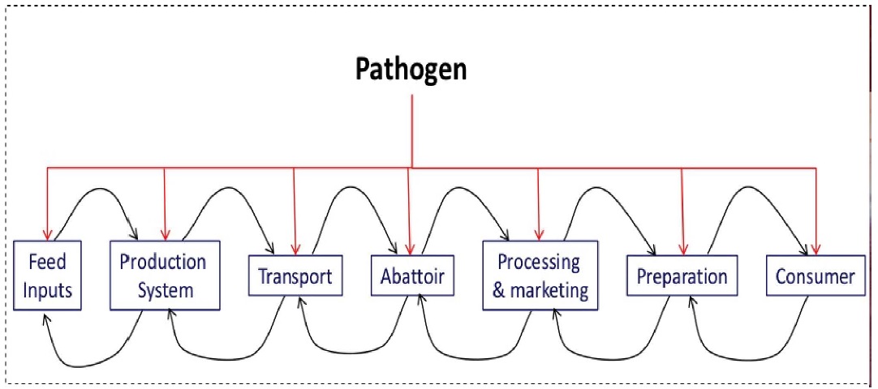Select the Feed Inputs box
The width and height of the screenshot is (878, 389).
(48, 275)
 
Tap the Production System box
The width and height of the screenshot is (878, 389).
(165, 275)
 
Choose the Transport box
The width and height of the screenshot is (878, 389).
(295, 276)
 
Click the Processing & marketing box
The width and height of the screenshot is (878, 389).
(540, 275)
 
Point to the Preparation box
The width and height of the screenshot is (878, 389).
(682, 276)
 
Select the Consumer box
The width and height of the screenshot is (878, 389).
(815, 276)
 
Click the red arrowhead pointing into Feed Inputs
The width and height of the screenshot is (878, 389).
(48, 235)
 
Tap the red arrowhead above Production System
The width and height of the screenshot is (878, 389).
(165, 235)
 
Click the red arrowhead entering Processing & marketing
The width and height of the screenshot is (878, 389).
(538, 235)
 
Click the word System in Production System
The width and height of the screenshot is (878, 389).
(166, 289)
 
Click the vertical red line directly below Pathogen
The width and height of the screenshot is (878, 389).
(412, 130)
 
